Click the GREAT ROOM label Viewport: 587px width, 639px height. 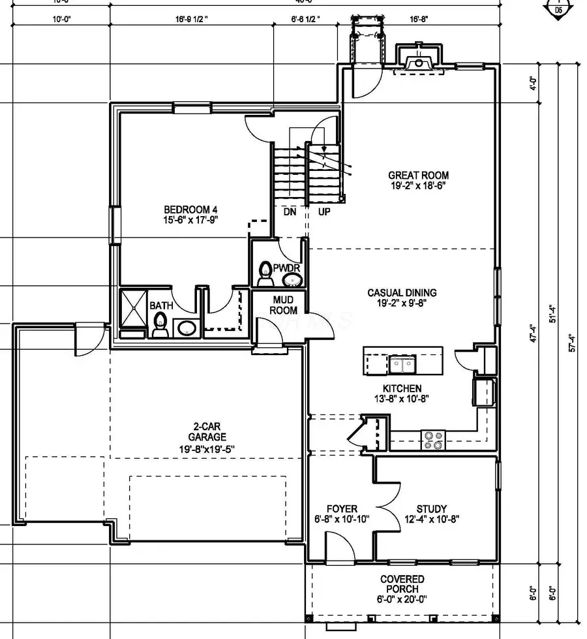pos(418,175)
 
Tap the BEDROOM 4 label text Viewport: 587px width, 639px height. pos(190,210)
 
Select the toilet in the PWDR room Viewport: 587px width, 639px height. pos(265,273)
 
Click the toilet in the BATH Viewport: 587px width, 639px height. pos(160,324)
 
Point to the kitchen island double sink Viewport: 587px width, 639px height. pos(401,362)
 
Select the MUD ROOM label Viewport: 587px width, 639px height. pos(284,305)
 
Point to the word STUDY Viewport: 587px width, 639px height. pos(432,509)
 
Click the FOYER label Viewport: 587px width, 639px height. pos(342,509)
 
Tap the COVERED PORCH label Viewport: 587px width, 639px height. pos(402,584)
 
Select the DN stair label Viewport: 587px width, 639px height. pos(290,212)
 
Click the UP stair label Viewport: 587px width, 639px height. pos(324,212)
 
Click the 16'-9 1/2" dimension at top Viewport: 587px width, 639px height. pos(191,20)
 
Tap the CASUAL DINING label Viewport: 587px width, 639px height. pos(402,293)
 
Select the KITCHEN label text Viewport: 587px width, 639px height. pos(402,388)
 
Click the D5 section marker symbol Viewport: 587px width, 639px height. pos(558,9)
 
